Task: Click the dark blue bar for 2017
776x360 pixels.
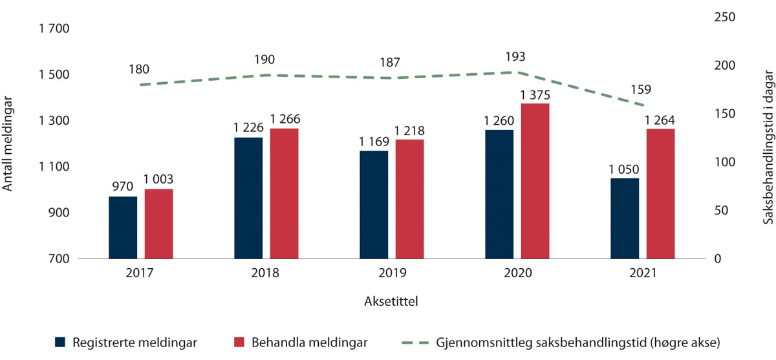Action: tap(123, 228)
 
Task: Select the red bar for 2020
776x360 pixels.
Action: tap(535, 181)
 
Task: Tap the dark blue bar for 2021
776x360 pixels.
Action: tap(625, 218)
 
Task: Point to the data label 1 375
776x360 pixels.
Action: tap(535, 94)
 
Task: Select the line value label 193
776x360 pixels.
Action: tap(515, 56)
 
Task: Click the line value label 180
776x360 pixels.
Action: tap(139, 69)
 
